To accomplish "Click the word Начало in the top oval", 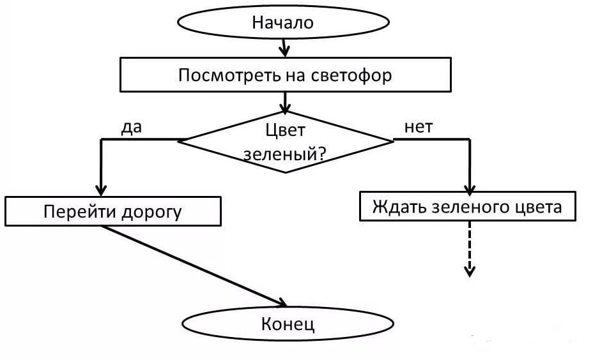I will [x=283, y=24].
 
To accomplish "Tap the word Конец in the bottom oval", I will [x=288, y=324].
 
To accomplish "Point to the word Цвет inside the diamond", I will [x=285, y=130].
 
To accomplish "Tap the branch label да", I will [x=131, y=126].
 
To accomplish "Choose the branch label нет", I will [x=418, y=126].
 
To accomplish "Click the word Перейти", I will [x=76, y=212].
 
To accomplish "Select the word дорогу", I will [x=151, y=213].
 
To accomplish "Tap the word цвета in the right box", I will [x=538, y=207].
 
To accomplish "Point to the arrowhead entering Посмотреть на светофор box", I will [x=286, y=50].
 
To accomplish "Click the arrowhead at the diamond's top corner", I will [x=286, y=105].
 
